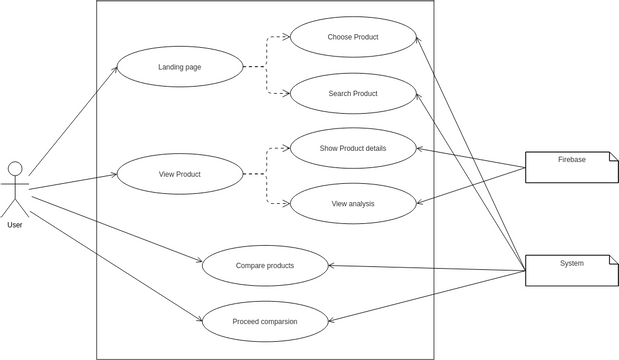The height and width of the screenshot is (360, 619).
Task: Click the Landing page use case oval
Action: (x=180, y=67)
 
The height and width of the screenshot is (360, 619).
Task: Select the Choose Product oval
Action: (x=352, y=38)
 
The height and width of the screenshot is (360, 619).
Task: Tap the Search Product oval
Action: (x=352, y=94)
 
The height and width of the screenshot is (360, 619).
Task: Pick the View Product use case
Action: (x=180, y=174)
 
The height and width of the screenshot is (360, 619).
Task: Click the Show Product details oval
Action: (x=352, y=148)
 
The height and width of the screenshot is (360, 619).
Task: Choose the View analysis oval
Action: (x=352, y=204)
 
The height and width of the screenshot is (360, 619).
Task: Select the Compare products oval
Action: (x=265, y=266)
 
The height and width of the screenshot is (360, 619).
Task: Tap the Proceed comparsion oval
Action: (x=265, y=322)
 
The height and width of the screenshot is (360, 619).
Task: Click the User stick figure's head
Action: (x=14, y=168)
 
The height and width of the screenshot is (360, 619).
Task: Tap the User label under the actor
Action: (x=14, y=225)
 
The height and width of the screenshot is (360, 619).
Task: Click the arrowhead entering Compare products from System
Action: (x=332, y=265)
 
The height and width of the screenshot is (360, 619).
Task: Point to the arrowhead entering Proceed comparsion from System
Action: (x=332, y=321)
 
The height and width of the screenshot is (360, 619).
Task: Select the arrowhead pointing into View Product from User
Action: (x=113, y=175)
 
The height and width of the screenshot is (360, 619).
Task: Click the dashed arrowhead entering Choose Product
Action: (x=286, y=39)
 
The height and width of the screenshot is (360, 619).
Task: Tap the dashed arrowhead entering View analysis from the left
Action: (x=286, y=204)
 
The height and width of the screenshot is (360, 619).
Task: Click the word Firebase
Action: (x=572, y=159)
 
